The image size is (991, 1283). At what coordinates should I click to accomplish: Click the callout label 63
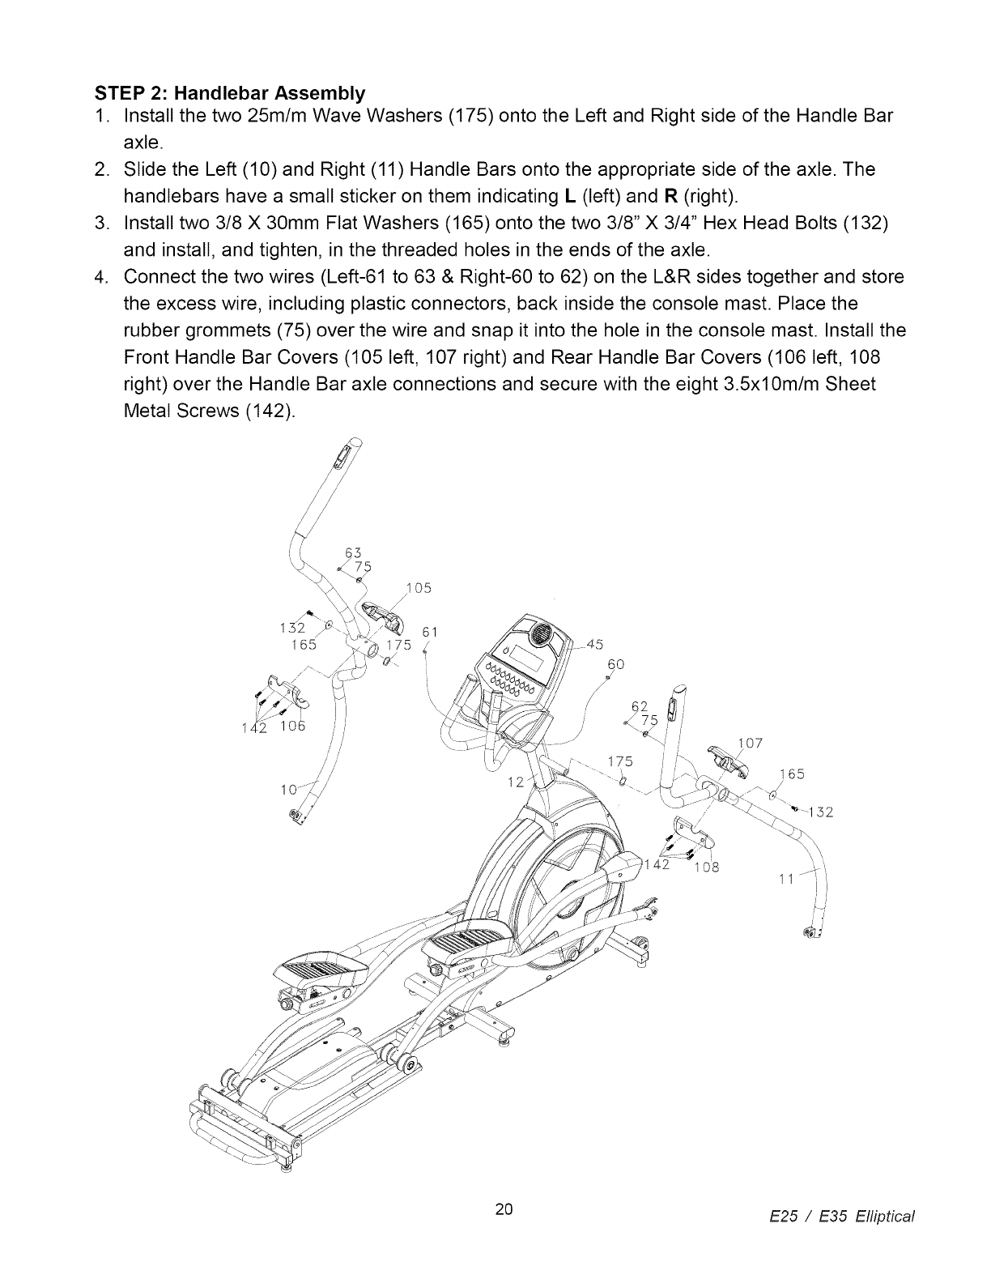(x=352, y=552)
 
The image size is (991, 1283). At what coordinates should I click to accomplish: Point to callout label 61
(x=431, y=632)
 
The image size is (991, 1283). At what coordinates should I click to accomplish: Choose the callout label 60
(x=615, y=663)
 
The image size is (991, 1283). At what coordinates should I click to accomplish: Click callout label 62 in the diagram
(x=640, y=706)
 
